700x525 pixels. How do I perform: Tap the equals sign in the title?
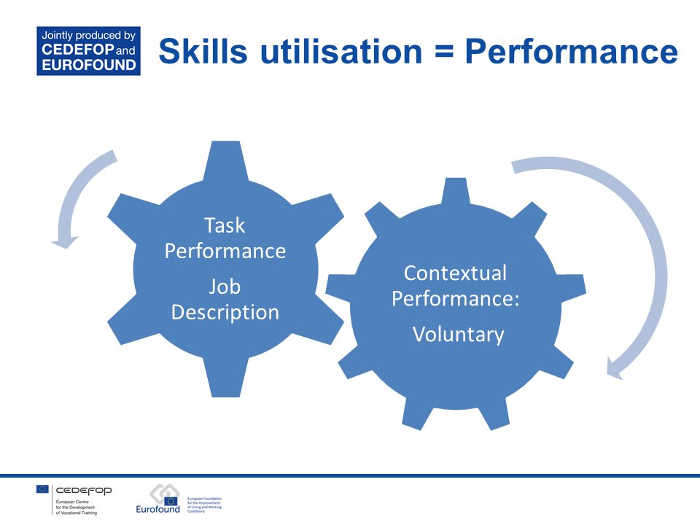point(440,52)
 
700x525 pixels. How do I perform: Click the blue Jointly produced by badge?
point(88,50)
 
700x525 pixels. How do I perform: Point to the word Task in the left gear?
point(225,225)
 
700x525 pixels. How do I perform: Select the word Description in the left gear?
point(225,312)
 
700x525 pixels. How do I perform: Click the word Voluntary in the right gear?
point(458,334)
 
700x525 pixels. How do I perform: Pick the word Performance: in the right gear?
point(455,298)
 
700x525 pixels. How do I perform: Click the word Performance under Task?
point(225,251)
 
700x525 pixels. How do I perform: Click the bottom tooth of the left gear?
point(225,383)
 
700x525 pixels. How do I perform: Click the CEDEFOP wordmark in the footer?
point(84,490)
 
